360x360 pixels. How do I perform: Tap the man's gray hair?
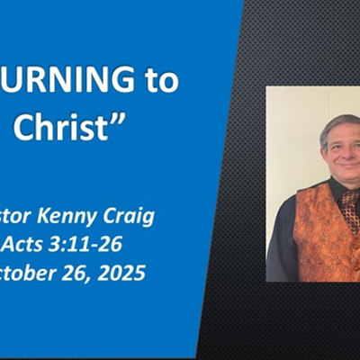pyautogui.click(x=337, y=121)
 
